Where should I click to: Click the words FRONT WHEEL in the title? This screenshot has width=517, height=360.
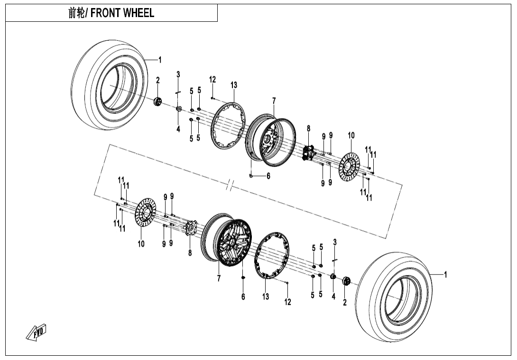click(122, 13)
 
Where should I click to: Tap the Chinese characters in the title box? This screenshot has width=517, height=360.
click(76, 13)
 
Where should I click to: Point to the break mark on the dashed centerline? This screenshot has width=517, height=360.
click(229, 185)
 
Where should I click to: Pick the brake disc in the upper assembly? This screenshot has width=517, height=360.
click(350, 166)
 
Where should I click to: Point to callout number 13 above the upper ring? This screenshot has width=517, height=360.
click(234, 85)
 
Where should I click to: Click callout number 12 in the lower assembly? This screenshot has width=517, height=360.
click(288, 302)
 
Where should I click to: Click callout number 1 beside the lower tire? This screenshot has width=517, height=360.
click(445, 274)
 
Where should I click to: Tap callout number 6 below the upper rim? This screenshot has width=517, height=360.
click(268, 176)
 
